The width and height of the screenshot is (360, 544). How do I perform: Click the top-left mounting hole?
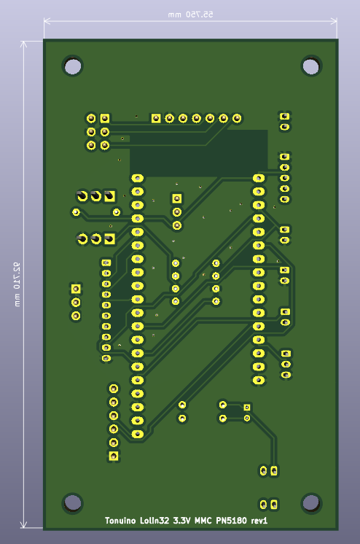pyautogui.click(x=73, y=66)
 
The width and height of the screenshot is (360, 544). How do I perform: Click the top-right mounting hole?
pyautogui.click(x=310, y=66)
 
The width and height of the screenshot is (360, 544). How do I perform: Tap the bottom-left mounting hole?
pyautogui.click(x=73, y=502)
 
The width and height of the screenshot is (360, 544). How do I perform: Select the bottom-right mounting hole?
pyautogui.click(x=310, y=502)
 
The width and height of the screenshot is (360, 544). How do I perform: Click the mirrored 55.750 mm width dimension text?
pyautogui.click(x=190, y=15)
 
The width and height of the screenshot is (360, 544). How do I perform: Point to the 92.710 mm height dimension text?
pyautogui.click(x=17, y=284)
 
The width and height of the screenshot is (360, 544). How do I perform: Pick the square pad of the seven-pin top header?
pyautogui.click(x=156, y=119)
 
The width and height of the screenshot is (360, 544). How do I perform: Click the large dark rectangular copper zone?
pyautogui.click(x=198, y=153)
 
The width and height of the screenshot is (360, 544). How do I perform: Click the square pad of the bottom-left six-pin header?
pyautogui.click(x=114, y=456)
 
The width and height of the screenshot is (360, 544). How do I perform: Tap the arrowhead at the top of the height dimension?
pyautogui.click(x=23, y=44)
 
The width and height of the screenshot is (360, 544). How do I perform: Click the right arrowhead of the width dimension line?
pyautogui.click(x=334, y=21)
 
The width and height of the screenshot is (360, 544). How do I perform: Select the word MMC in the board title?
pyautogui.click(x=203, y=521)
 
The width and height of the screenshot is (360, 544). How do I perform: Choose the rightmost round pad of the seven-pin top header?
pyautogui.click(x=237, y=119)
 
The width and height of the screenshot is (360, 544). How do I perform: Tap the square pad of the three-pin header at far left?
pyautogui.click(x=76, y=289)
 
